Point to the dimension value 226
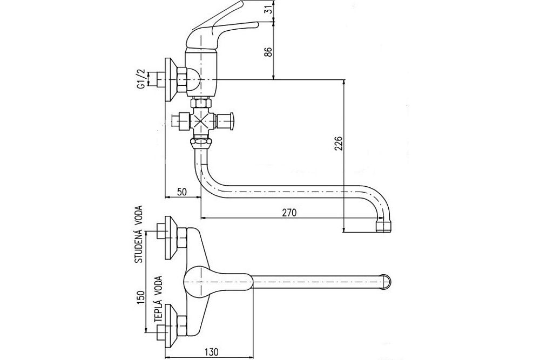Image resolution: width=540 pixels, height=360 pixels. coord(336,145)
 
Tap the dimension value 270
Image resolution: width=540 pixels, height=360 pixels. coord(289,213)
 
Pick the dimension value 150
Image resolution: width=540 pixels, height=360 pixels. coord(139,298)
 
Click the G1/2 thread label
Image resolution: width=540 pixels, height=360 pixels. coord(141,78)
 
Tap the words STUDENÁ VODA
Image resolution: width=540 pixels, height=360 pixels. coord(139,234)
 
